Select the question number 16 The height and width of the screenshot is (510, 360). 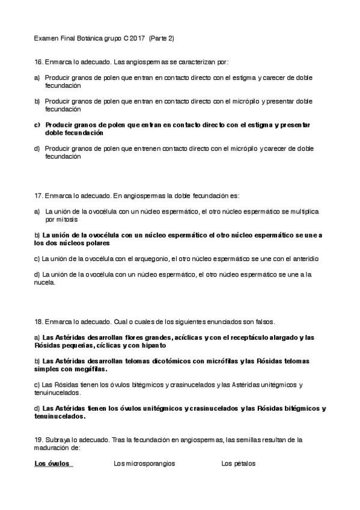[38, 62]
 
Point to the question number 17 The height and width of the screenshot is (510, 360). [38, 195]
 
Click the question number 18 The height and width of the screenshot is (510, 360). [38, 322]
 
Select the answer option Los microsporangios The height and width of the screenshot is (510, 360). [144, 464]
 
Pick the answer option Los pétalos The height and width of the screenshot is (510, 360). [239, 464]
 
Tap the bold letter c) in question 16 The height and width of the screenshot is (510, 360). [37, 124]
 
